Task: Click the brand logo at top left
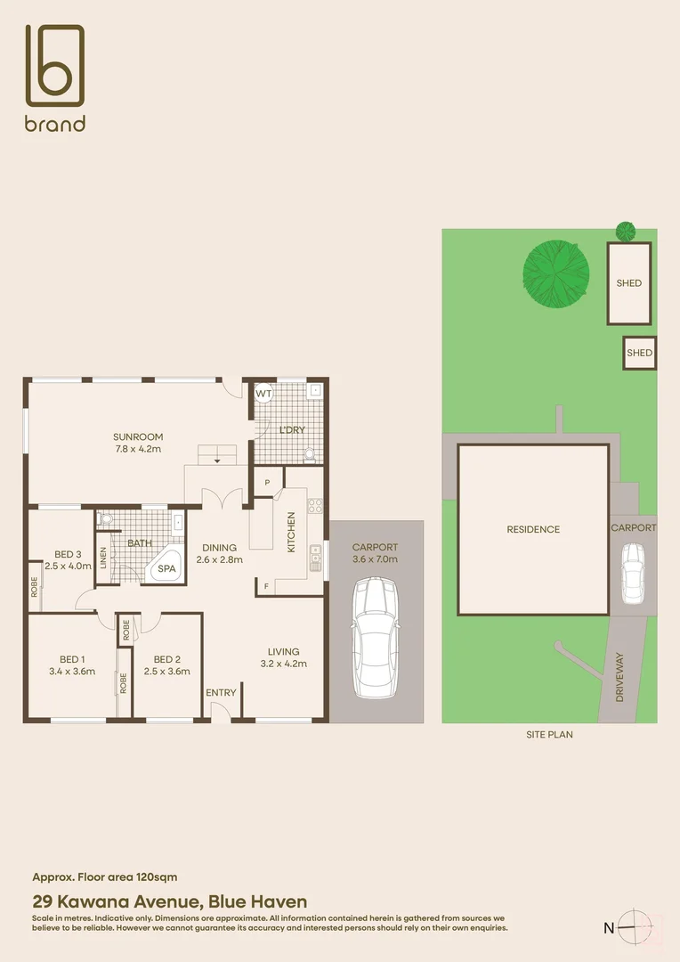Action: [54, 77]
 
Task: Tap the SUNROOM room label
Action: [138, 443]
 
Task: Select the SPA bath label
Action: [166, 568]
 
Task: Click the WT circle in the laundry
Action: [263, 393]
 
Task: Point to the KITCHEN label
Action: [291, 533]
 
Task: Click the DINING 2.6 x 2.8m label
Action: [219, 554]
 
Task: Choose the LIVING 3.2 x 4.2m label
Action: [283, 657]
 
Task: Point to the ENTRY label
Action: [221, 693]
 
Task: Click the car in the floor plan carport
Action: [375, 638]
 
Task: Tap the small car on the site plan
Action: [633, 572]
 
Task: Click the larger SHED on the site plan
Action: [628, 283]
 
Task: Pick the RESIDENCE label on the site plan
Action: [533, 529]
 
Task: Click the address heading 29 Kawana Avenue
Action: [170, 902]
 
